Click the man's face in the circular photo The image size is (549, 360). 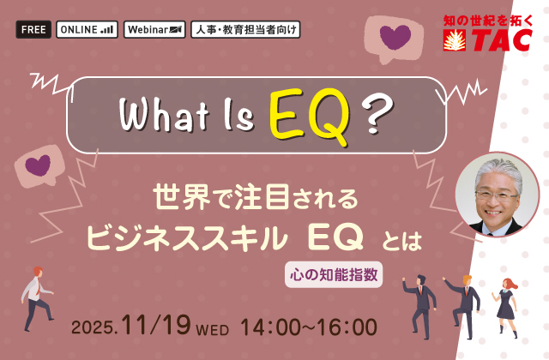click(x=497, y=197)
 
